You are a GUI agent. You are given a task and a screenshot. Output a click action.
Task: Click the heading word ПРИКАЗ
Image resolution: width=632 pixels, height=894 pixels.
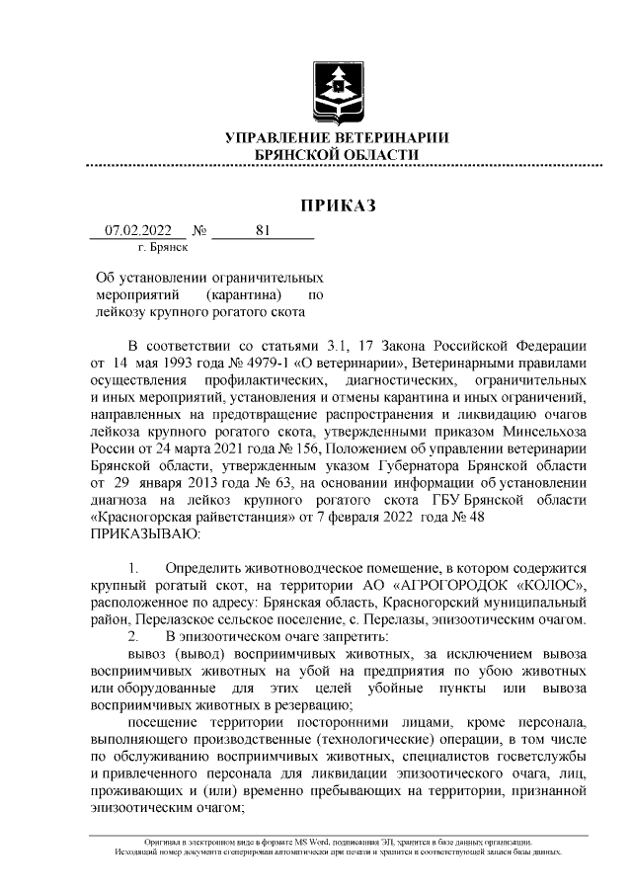pyautogui.click(x=338, y=205)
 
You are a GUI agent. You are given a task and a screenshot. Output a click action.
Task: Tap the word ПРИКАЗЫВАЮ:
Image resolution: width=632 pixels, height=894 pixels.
pyautogui.click(x=144, y=533)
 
